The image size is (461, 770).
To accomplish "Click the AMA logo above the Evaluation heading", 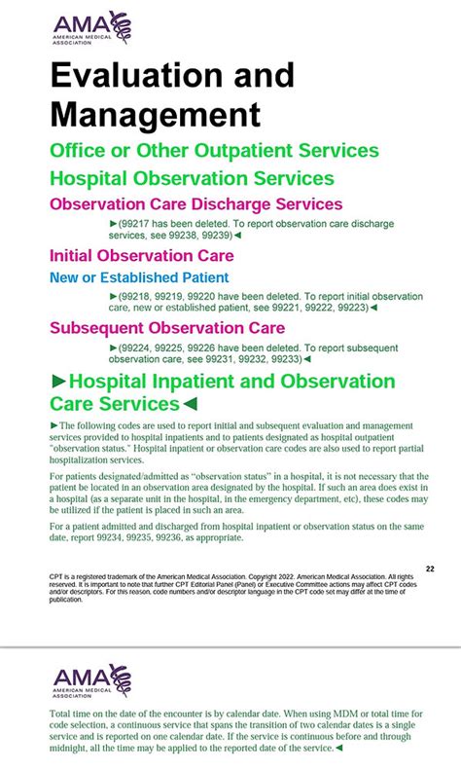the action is [91, 28].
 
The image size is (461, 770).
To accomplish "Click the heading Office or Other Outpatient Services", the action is [214, 151].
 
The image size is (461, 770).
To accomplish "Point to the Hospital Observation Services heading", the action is [192, 178].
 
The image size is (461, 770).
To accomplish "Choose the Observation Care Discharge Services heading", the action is [195, 204].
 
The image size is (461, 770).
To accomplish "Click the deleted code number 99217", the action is [136, 224].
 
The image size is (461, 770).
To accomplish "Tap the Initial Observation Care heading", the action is [141, 256].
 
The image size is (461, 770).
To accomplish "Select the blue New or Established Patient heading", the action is [139, 277].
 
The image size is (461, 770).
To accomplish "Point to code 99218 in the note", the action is [137, 296].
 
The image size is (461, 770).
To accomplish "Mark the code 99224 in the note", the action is [137, 348].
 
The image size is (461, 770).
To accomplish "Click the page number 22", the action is [430, 568].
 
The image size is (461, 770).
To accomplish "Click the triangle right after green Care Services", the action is [191, 404].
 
